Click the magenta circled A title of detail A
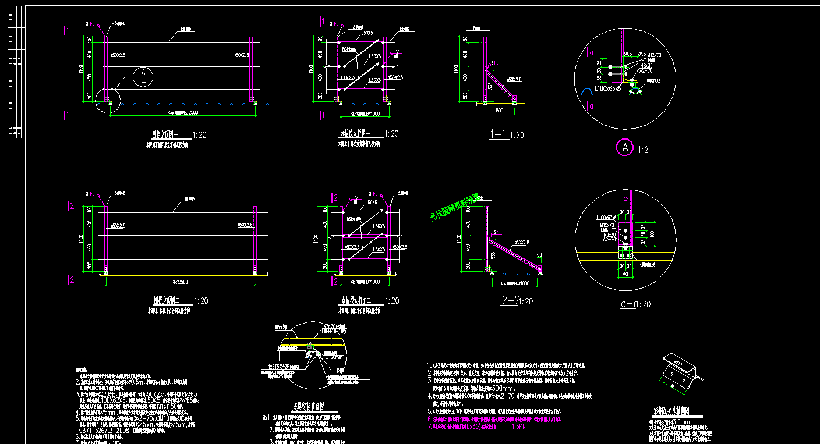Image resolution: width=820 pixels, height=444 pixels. (x=625, y=148)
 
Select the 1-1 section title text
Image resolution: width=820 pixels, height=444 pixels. (x=498, y=135)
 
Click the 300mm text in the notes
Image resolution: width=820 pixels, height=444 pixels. (x=503, y=389)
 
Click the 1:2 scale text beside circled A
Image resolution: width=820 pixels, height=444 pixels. (x=643, y=150)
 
